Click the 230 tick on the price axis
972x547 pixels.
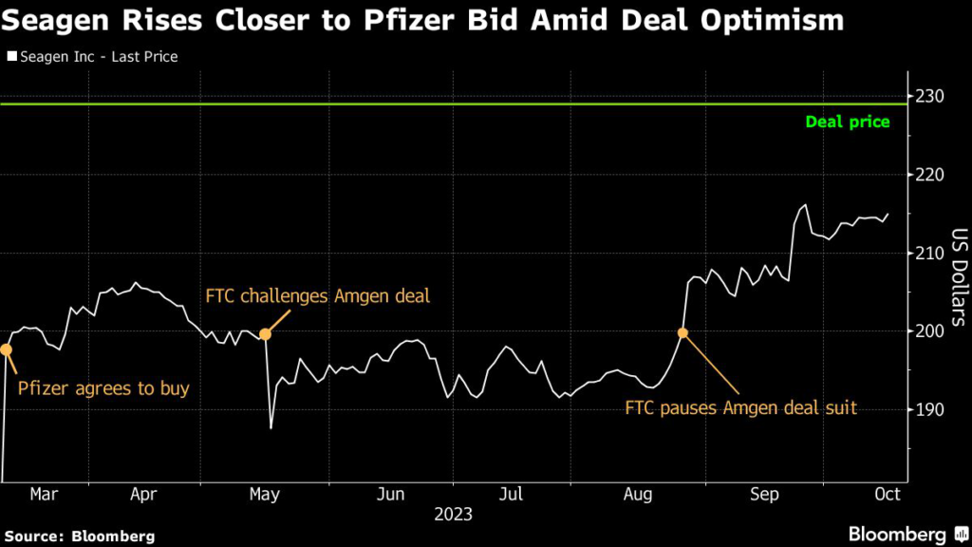click(x=931, y=96)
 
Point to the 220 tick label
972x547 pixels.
click(x=931, y=175)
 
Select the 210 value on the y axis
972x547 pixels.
click(x=931, y=253)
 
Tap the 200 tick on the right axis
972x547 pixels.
click(x=931, y=331)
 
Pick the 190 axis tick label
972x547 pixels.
click(x=931, y=409)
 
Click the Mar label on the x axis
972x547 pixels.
click(x=44, y=494)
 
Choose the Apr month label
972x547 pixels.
click(x=143, y=494)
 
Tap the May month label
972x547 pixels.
click(x=265, y=494)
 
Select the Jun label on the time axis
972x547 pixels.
click(x=391, y=494)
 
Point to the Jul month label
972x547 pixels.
click(x=512, y=494)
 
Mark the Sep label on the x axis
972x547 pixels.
click(x=764, y=494)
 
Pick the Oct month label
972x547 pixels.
click(x=886, y=494)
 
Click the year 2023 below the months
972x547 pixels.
click(x=454, y=516)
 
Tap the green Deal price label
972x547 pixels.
click(x=848, y=122)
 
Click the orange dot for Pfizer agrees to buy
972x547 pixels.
click(x=6, y=349)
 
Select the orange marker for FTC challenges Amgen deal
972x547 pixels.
click(x=266, y=333)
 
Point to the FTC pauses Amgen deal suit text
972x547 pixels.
click(x=740, y=408)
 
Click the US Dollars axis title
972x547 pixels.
click(x=958, y=277)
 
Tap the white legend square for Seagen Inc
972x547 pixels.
click(x=12, y=57)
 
